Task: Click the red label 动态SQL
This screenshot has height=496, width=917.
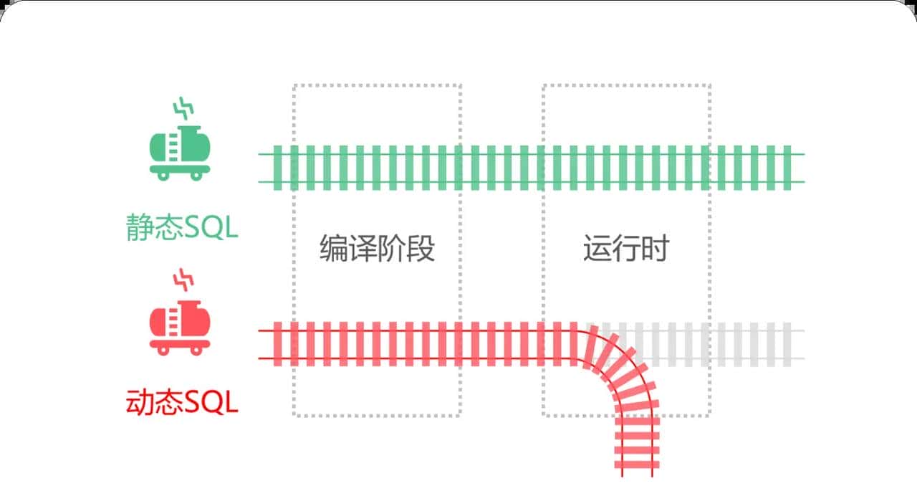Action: [x=181, y=403]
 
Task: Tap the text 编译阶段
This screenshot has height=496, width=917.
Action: [x=377, y=249]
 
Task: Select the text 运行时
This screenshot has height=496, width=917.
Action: [x=626, y=249]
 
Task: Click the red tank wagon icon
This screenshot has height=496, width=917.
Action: [x=180, y=327]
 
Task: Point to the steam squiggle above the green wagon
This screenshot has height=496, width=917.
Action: [x=184, y=110]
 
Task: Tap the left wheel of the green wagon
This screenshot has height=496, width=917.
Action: [x=163, y=175]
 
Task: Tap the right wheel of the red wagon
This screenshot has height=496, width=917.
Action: [x=196, y=350]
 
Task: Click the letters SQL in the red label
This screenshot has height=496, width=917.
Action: [x=211, y=403]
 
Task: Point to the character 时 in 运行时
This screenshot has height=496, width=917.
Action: [x=656, y=249]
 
